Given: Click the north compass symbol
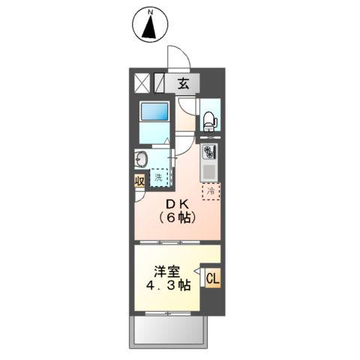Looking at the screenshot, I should [149, 25].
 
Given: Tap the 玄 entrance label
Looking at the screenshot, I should [183, 83].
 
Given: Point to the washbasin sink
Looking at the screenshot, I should [140, 160].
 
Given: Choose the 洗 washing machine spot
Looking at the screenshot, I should [159, 178].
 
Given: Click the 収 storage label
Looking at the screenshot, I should [139, 181].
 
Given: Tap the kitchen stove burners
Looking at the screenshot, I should [209, 153].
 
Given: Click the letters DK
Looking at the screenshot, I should [178, 203].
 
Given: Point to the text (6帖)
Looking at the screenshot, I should [178, 218].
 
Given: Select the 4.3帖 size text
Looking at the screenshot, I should [168, 286].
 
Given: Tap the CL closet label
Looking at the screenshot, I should [211, 279].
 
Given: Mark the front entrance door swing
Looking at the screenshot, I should [178, 58].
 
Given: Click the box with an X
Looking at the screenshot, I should [142, 83].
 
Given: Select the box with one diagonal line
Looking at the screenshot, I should [159, 83].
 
